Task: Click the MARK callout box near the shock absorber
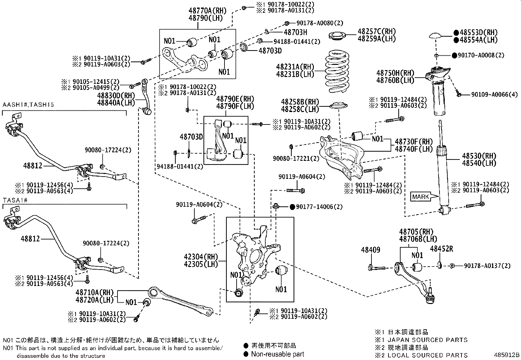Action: coord(421,197)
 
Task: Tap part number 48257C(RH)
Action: coord(376,32)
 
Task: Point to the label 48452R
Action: coord(441,249)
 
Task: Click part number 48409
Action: coord(370,250)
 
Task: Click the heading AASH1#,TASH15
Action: coord(28,105)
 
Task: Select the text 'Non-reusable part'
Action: coord(278,354)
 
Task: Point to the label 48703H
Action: coord(295,32)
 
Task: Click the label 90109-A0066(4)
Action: coord(494,95)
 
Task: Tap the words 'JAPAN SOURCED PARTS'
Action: coord(427,340)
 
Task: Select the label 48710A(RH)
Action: coord(94,292)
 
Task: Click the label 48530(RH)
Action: coord(479,156)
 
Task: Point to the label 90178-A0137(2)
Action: coord(487,266)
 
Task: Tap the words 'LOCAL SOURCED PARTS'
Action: coord(427,355)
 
